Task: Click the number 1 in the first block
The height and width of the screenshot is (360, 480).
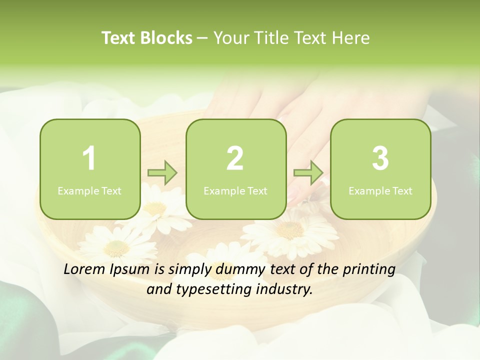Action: (89, 158)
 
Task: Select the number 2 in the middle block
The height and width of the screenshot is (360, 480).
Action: (235, 158)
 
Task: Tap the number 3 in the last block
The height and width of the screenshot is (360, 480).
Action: (380, 158)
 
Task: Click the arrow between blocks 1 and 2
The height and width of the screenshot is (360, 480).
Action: (162, 173)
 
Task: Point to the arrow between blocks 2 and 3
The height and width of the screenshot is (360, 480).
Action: (308, 173)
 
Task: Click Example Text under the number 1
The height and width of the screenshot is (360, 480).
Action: (89, 190)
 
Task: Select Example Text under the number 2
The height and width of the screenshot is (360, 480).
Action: (235, 190)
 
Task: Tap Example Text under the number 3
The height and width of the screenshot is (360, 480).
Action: (380, 190)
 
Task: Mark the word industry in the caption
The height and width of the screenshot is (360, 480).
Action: (285, 289)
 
